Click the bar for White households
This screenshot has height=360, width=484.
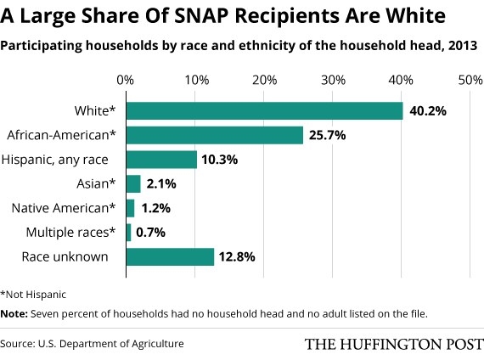tap(264, 111)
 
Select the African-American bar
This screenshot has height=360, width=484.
tap(214, 135)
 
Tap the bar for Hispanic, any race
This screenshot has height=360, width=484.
tap(161, 159)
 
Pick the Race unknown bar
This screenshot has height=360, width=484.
tap(170, 256)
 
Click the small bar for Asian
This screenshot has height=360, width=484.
tap(133, 183)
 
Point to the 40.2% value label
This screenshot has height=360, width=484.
tap(429, 111)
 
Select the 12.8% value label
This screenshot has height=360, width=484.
tap(239, 256)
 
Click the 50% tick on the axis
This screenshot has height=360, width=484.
tap(470, 80)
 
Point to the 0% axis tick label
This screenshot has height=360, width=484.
tap(126, 80)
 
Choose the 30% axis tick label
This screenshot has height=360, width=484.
tap(332, 80)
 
